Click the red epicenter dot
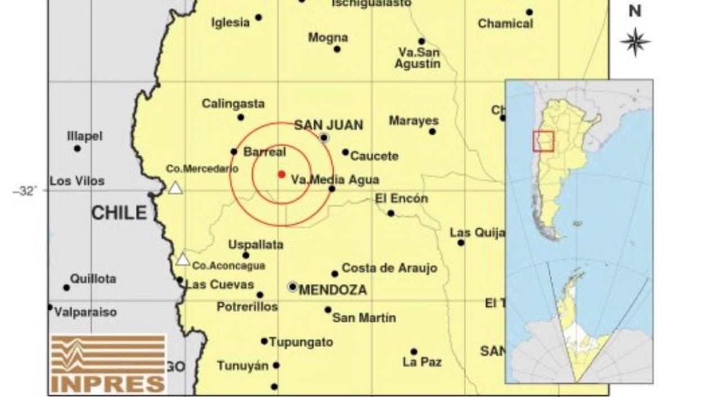coord(281,175)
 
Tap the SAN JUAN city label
coord(329,125)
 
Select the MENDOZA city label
coord(333,290)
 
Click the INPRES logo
coord(108,364)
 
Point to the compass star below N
coord(635,42)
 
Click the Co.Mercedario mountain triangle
coord(176,188)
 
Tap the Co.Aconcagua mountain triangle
coord(182,259)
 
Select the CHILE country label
coord(119,213)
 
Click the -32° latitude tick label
coord(24,191)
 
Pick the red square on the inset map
coord(543,141)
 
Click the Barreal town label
coord(264,152)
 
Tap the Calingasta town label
coord(233,104)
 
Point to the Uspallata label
coord(255,245)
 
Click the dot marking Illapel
coord(77,149)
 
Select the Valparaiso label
coord(86,312)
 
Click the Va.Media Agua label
coord(335,180)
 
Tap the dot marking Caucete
coord(345,152)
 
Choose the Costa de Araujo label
coord(389,268)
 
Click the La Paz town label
coord(422,362)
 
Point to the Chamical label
coord(505,24)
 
